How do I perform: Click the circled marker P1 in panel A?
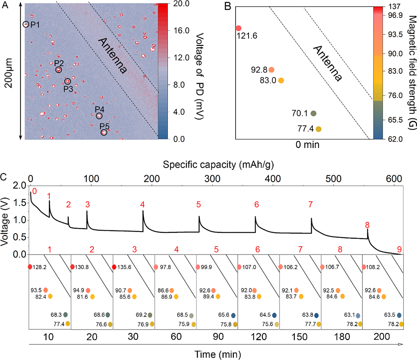click(x=26, y=25)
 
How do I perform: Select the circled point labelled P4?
click(x=99, y=116)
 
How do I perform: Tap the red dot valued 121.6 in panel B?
click(x=238, y=28)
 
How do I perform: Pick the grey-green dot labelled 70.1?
click(x=314, y=113)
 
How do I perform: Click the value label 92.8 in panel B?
click(x=259, y=70)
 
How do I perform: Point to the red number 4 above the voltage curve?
click(x=143, y=204)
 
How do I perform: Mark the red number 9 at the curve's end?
click(x=399, y=249)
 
